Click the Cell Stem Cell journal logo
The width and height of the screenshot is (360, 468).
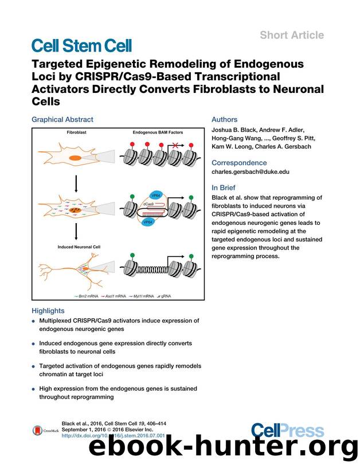tap(81, 45)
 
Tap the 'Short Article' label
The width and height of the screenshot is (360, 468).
tap(292, 35)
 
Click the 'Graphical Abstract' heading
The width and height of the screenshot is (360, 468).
tap(62, 120)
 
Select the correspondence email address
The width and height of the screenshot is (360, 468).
tap(250, 171)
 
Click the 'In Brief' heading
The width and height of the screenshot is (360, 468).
tap(224, 188)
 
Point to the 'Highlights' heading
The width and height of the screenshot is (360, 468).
tap(48, 310)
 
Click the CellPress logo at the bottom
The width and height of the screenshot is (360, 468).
tap(280, 431)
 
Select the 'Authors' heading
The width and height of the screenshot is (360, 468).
tap(224, 120)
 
